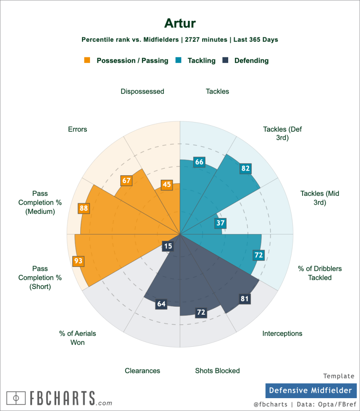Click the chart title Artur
(180, 23)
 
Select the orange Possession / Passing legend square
(87, 61)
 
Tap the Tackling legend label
(202, 61)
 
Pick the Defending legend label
(252, 61)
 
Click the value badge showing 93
(78, 261)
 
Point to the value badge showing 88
(84, 208)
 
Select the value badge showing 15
(168, 246)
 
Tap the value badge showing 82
(245, 168)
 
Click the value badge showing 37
(221, 223)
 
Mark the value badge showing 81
(244, 299)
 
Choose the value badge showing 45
(167, 185)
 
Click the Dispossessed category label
(142, 92)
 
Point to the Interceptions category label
(282, 334)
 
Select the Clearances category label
(142, 371)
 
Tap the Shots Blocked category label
(217, 371)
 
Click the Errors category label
(78, 129)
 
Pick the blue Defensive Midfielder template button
(311, 391)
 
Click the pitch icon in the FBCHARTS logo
(16, 398)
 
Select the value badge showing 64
(161, 304)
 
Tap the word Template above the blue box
(339, 376)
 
